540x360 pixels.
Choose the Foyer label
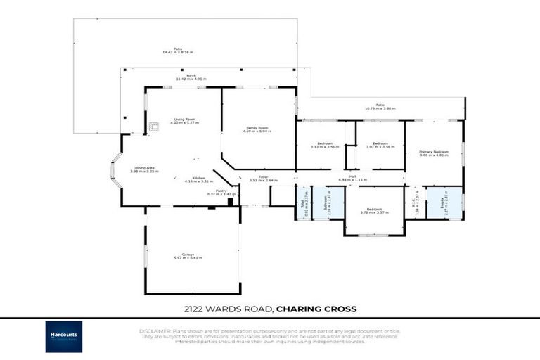point(263,179)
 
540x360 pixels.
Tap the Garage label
point(188,256)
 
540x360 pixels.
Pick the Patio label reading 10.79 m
point(380,107)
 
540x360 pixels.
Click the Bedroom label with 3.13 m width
point(325,145)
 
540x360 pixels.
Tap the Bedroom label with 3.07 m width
point(380,145)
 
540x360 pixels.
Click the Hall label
point(352,179)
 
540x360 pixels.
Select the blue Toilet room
point(304,203)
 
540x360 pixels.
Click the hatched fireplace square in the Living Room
point(153,127)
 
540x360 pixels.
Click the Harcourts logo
point(64,336)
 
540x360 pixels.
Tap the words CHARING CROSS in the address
point(316,308)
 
